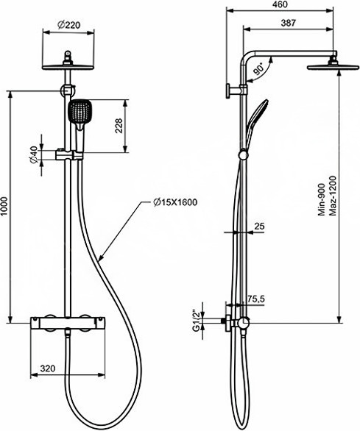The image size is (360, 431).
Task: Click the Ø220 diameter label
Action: pyautogui.click(x=68, y=25)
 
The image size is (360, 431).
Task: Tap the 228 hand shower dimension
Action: pyautogui.click(x=119, y=126)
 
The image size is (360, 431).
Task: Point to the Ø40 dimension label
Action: pyautogui.click(x=33, y=154)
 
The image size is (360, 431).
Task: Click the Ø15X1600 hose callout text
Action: pyautogui.click(x=175, y=202)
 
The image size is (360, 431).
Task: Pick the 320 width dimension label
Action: pyautogui.click(x=48, y=368)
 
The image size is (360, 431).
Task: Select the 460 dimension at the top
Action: pyautogui.click(x=280, y=4)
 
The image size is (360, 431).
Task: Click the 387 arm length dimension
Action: pyautogui.click(x=288, y=23)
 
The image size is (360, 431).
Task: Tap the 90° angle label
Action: pyautogui.click(x=258, y=68)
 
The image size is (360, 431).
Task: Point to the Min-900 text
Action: pyautogui.click(x=322, y=199)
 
